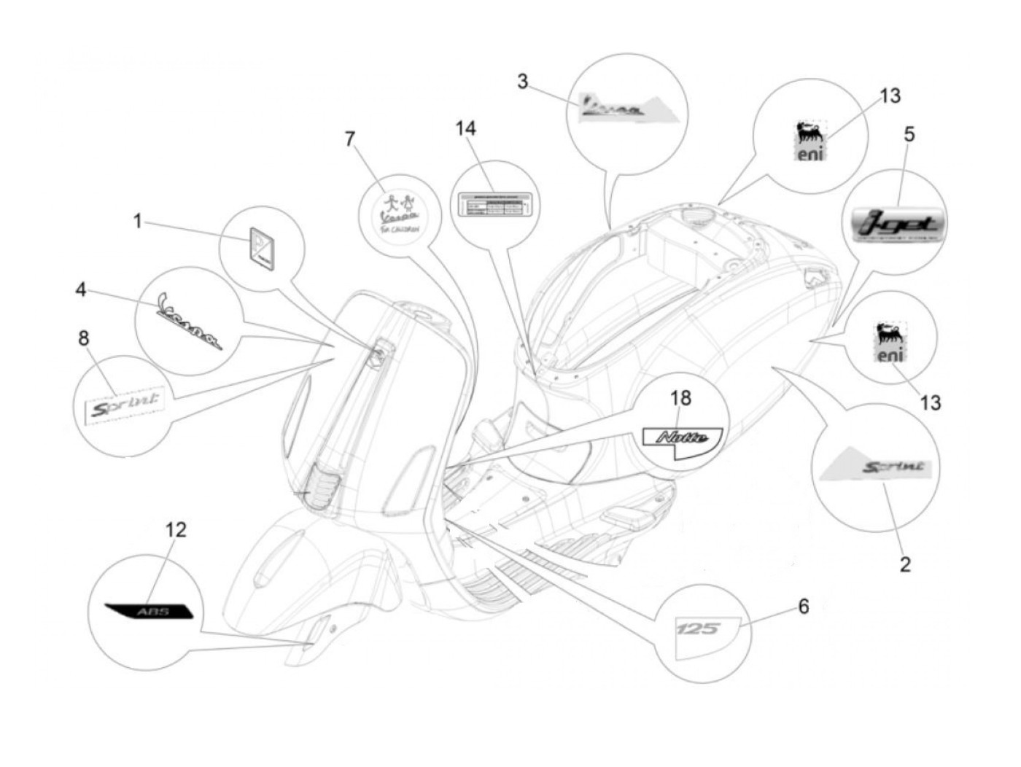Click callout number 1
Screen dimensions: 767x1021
point(137,220)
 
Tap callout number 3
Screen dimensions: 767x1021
point(522,81)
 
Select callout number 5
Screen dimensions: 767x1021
point(909,134)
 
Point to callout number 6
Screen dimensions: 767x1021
point(803,606)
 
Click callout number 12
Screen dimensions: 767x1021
point(176,530)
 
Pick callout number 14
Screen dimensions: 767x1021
point(465,128)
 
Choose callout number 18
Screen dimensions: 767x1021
point(680,398)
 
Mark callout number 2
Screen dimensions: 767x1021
point(904,564)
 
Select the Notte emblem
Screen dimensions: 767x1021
point(681,439)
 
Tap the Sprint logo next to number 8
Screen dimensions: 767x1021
point(123,402)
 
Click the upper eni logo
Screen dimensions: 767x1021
point(809,142)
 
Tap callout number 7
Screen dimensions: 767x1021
point(350,138)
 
